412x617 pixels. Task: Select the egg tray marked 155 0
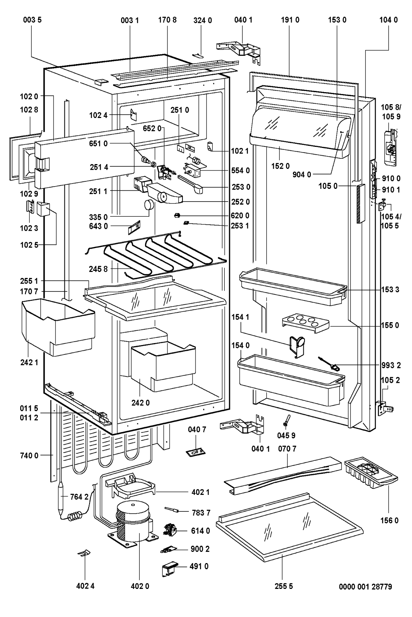pos(306,323)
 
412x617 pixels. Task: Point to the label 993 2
pos(391,365)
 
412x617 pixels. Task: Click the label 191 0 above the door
pos(290,20)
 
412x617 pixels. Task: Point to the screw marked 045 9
pos(286,418)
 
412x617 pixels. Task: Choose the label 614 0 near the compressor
pos(200,531)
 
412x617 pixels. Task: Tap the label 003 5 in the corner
pos(31,20)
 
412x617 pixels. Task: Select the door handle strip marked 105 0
pos(361,204)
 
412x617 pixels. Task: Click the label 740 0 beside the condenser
pos(29,456)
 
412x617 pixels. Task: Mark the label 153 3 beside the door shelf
pos(391,289)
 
